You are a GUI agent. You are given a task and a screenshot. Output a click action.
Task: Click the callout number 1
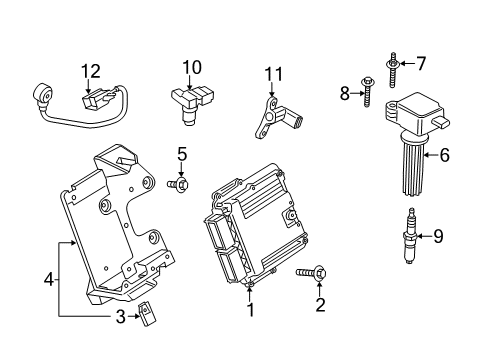(x=251, y=310)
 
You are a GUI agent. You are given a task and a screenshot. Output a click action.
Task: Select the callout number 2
(x=320, y=305)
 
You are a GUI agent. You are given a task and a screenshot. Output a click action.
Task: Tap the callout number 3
(x=121, y=317)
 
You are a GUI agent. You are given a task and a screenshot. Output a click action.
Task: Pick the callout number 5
(x=182, y=153)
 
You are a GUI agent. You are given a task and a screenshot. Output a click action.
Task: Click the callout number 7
(x=421, y=64)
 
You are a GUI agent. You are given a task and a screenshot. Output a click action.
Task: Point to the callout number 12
(x=91, y=70)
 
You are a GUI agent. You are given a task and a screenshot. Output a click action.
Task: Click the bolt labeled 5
(x=181, y=184)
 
